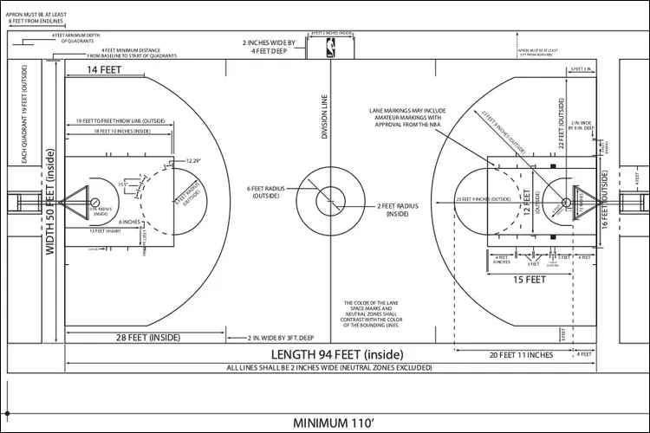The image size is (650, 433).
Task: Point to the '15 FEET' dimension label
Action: [x=530, y=280]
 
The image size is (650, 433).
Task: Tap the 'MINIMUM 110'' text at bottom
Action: [x=333, y=423]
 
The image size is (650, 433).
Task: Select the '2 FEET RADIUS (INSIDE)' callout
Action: [x=398, y=209]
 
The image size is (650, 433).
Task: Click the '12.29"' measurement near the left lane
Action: [x=192, y=161]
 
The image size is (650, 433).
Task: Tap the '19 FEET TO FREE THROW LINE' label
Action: [x=120, y=121]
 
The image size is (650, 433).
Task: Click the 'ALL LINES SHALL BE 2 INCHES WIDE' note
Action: [x=329, y=367]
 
